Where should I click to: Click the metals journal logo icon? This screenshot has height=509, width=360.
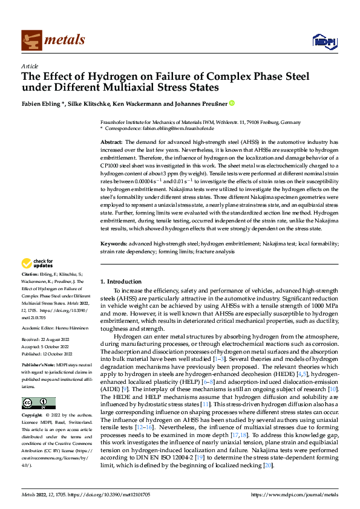click(31, 40)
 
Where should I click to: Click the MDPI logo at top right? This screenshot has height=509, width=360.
click(321, 41)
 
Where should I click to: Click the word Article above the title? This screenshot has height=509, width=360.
click(29, 65)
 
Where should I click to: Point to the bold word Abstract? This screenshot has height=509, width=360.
click(111, 141)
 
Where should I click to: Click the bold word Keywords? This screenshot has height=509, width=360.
click(114, 243)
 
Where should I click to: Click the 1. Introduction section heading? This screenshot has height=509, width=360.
click(121, 282)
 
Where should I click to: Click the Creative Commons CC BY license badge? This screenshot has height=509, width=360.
click(39, 403)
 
